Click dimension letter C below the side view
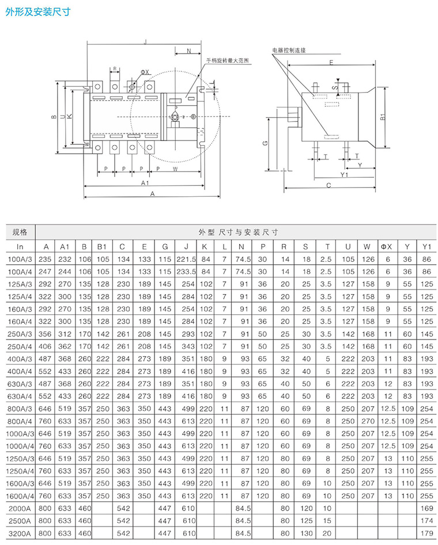328,185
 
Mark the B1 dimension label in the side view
383,117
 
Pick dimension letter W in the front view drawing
175,169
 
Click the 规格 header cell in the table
20,233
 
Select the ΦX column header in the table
386,247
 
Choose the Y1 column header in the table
426,247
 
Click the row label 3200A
20,533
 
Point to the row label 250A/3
20,334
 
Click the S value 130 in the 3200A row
306,533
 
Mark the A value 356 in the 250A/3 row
45,334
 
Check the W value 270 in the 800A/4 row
367,421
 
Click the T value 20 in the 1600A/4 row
327,496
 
